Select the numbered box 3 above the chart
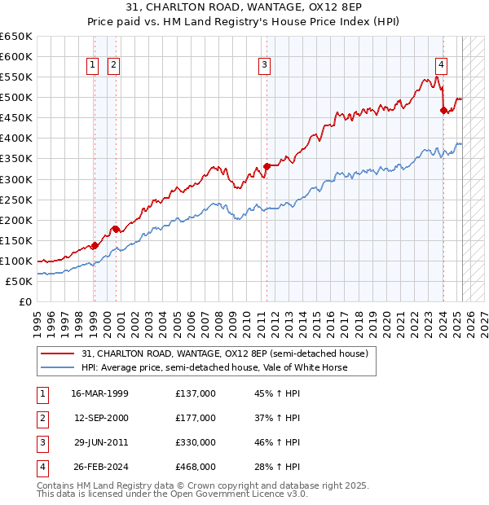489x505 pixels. click(265, 66)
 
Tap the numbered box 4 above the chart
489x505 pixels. click(441, 66)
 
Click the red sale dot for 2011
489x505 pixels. click(267, 166)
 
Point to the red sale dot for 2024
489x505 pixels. click(443, 110)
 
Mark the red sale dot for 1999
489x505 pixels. click(95, 245)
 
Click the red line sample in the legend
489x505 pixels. click(58, 354)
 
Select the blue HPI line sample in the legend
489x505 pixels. click(58, 367)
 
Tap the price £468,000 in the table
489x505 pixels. click(196, 467)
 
